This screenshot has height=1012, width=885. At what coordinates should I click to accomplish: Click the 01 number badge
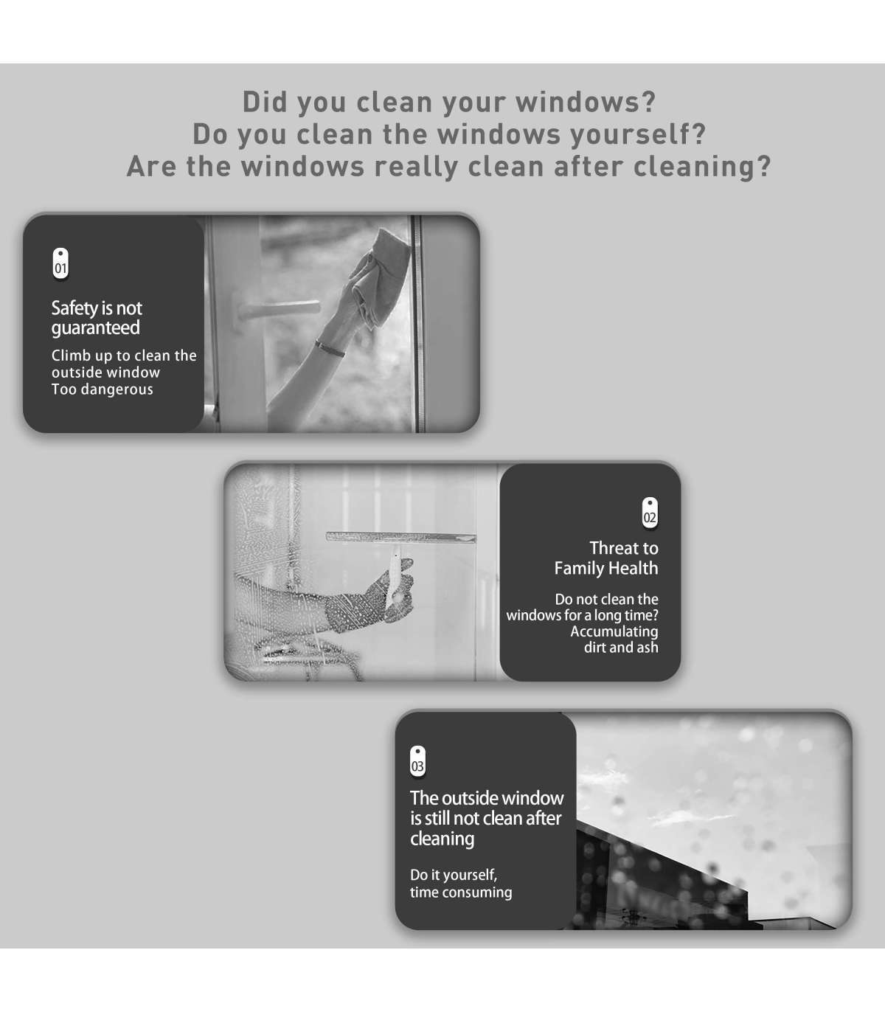[60, 263]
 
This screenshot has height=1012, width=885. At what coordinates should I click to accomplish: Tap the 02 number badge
[650, 513]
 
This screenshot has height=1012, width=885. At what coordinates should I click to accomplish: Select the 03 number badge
[417, 761]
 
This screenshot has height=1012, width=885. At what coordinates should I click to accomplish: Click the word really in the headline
[416, 167]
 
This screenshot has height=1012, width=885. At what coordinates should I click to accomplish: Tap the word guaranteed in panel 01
[95, 328]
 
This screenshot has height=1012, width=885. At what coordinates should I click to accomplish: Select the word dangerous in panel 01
[117, 389]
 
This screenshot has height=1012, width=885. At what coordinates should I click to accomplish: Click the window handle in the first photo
[280, 310]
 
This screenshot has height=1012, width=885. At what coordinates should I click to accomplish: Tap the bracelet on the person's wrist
[330, 348]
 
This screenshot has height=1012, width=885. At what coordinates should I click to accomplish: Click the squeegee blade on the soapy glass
[401, 537]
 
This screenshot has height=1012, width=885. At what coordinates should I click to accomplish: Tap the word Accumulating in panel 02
[614, 632]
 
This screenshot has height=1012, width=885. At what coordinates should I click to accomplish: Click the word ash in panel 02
[647, 648]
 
